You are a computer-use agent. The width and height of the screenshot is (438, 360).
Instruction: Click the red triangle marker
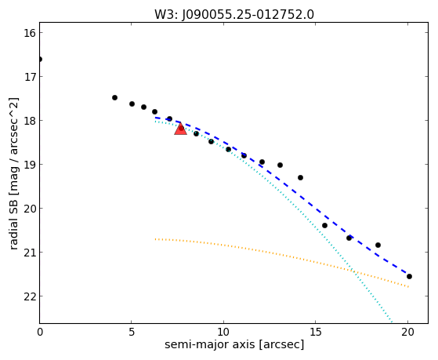(180, 129)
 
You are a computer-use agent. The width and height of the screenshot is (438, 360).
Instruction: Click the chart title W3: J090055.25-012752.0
(234, 15)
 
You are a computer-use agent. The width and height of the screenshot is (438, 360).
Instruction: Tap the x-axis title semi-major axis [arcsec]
(234, 344)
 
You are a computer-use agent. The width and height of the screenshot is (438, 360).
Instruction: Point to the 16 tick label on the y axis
(30, 33)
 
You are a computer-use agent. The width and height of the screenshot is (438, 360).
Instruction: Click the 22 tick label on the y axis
(30, 296)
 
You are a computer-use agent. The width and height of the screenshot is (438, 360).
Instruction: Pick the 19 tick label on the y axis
(30, 165)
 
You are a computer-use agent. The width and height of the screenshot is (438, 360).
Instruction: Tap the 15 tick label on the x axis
(315, 332)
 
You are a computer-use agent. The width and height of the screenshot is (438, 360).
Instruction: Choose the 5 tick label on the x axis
(132, 332)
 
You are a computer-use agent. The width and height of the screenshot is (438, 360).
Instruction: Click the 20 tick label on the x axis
(407, 332)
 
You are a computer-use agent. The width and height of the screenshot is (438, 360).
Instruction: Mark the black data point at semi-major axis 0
(40, 60)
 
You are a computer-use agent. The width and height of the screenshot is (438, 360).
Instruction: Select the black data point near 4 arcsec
(114, 97)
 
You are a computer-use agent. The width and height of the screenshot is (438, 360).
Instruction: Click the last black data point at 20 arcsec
(409, 277)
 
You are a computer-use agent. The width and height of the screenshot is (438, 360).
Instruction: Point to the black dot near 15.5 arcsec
(324, 225)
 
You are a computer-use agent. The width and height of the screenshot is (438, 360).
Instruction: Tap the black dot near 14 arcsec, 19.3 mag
(300, 177)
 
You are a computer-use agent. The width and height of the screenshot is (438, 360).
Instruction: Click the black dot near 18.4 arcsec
(378, 245)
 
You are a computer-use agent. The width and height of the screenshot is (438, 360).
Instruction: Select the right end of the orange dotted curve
(409, 287)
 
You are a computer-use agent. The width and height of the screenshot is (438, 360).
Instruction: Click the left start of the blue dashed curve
(156, 118)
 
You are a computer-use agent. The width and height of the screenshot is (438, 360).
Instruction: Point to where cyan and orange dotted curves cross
(353, 271)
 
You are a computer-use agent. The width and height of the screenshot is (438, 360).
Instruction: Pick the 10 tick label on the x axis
(223, 332)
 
